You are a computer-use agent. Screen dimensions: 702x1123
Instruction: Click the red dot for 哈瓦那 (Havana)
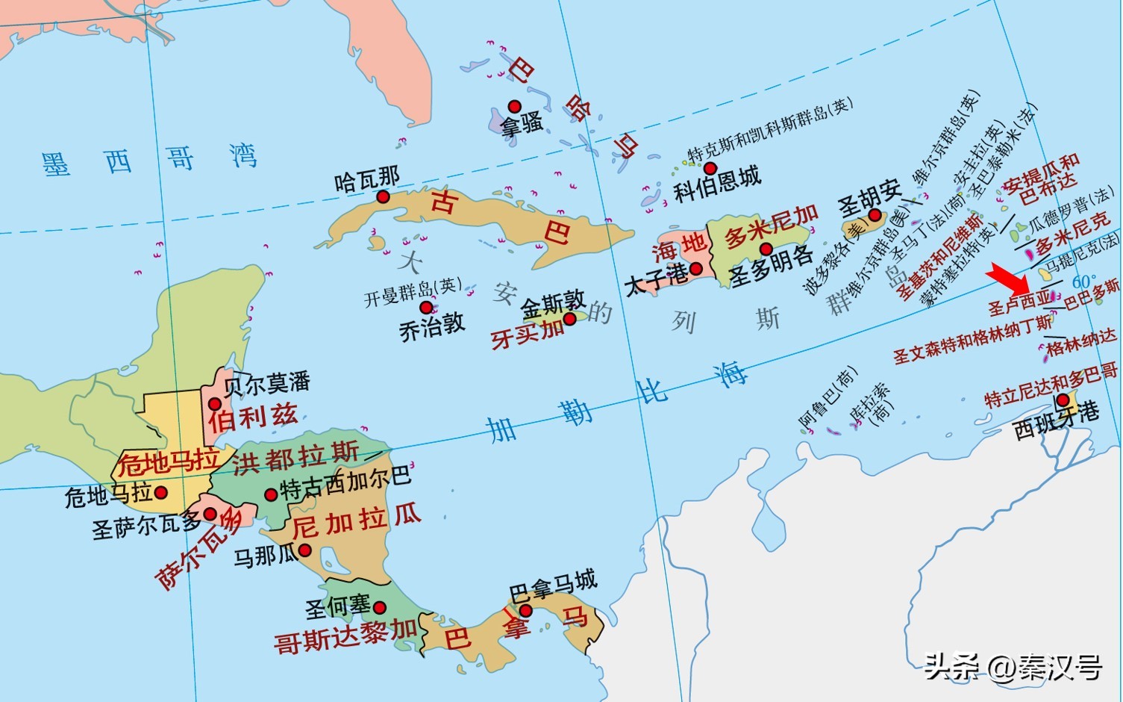pos(383,196)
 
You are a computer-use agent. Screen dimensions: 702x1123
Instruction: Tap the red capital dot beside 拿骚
pos(514,107)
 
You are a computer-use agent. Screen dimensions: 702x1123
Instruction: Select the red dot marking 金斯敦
pos(569,319)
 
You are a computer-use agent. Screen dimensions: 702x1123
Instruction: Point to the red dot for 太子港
pos(695,269)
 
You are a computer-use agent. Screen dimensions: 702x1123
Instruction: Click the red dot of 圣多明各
pos(766,249)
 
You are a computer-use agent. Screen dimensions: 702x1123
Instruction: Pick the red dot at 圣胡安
pos(875,216)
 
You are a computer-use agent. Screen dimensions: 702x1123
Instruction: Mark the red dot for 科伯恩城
pos(710,168)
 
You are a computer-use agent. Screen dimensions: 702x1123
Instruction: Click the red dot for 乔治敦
pos(425,308)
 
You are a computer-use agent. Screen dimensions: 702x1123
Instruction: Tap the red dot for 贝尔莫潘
pos(214,404)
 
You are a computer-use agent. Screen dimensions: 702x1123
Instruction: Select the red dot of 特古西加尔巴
pos(271,494)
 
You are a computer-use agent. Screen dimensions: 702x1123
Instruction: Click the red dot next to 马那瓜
pos(304,551)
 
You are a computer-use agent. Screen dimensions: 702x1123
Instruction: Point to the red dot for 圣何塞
pos(379,608)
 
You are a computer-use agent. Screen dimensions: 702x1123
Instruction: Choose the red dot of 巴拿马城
pos(525,611)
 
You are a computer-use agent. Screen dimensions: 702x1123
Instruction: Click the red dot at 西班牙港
pos(1062,400)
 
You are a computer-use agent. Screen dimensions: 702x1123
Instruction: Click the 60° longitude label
pos(1083,282)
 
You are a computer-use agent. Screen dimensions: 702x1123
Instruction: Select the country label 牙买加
pos(528,333)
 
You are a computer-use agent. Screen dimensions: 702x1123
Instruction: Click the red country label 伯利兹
pos(253,417)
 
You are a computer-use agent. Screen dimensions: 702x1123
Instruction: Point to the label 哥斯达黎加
pos(345,636)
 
